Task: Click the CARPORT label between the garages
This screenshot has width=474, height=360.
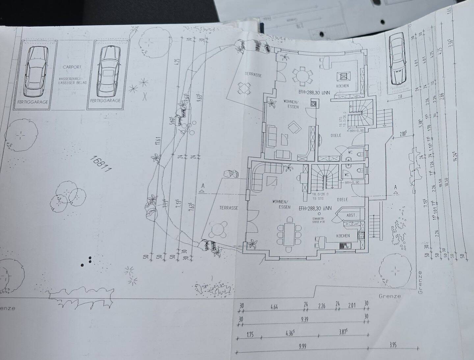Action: [x=72, y=67]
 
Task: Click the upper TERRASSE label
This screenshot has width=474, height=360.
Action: [x=253, y=75]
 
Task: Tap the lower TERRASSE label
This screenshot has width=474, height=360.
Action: [x=228, y=208]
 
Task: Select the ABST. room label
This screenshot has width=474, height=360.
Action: [x=351, y=215]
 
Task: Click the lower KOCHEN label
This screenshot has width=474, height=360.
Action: [x=343, y=236]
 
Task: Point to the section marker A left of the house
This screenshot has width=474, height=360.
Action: [x=203, y=187]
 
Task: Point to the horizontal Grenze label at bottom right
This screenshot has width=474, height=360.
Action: [x=390, y=296]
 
